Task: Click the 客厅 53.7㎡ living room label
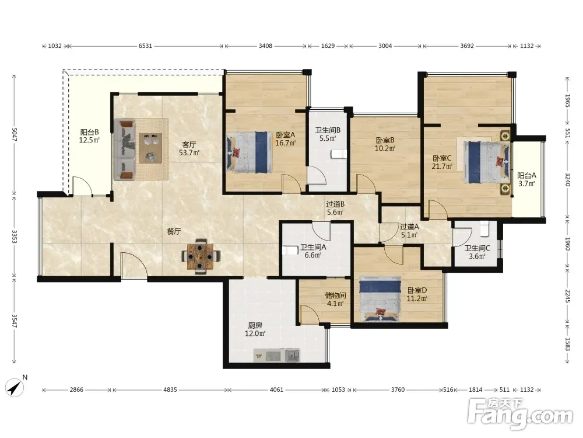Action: pyautogui.click(x=189, y=148)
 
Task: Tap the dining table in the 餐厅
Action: pyautogui.click(x=201, y=256)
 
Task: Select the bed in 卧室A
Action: pyautogui.click(x=249, y=152)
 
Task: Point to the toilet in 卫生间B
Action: pyautogui.click(x=339, y=154)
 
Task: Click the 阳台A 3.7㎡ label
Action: pyautogui.click(x=526, y=179)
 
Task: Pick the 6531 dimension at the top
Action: pyautogui.click(x=145, y=46)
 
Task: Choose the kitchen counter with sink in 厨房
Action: pyautogui.click(x=276, y=355)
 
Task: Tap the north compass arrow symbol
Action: pyautogui.click(x=16, y=387)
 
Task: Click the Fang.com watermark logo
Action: pyautogui.click(x=520, y=413)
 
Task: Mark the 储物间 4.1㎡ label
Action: pyautogui.click(x=335, y=300)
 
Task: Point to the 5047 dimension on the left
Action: pyautogui.click(x=15, y=134)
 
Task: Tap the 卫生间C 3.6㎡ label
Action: pyautogui.click(x=477, y=252)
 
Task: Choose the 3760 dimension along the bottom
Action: pyautogui.click(x=398, y=390)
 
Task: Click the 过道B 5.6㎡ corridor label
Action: pyautogui.click(x=335, y=208)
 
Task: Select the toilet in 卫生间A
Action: pyautogui.click(x=290, y=251)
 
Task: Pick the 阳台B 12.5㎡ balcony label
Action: pyautogui.click(x=90, y=136)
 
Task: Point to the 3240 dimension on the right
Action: pyautogui.click(x=568, y=179)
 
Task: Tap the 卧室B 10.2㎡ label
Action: pyautogui.click(x=385, y=144)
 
